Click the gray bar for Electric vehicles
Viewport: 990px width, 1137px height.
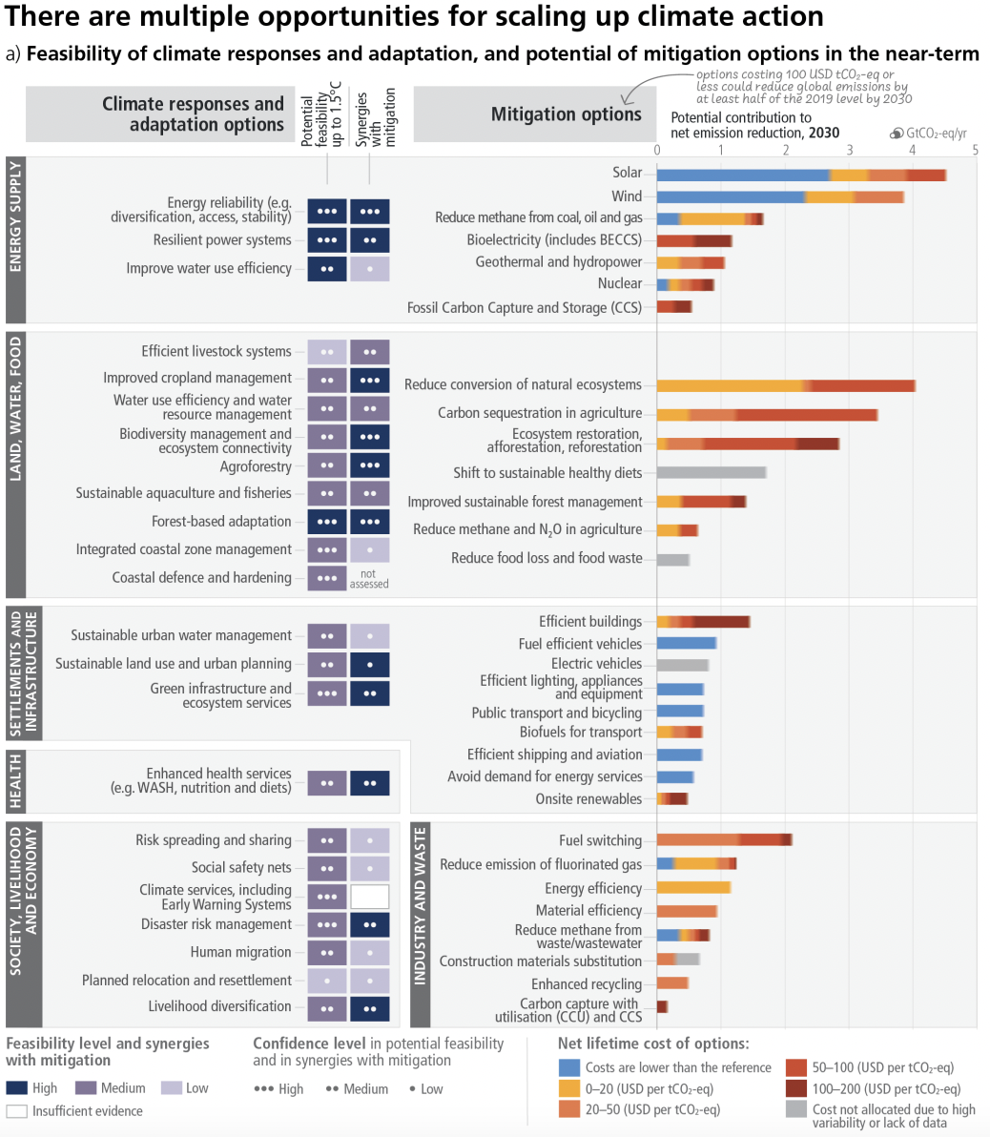coord(683,665)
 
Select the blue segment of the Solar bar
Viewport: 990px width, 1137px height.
coord(743,175)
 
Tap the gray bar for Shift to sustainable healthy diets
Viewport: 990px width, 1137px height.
coord(712,472)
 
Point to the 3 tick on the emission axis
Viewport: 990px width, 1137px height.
coord(849,150)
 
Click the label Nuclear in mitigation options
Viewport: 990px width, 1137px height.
coord(620,283)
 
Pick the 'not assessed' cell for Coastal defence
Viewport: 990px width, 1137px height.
coord(369,578)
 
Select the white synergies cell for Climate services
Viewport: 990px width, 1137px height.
coord(369,897)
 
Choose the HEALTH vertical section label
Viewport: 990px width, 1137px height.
coord(16,781)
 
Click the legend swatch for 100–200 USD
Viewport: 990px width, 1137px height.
coord(796,1088)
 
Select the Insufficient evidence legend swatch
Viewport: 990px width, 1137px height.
coord(16,1111)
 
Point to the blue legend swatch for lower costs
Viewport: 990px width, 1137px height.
coord(569,1067)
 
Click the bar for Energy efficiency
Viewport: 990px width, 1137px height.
coord(693,888)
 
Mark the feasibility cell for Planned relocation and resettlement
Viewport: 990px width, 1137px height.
coord(327,981)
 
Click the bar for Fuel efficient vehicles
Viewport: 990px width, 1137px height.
coord(687,644)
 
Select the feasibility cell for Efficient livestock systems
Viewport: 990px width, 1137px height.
coord(327,352)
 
